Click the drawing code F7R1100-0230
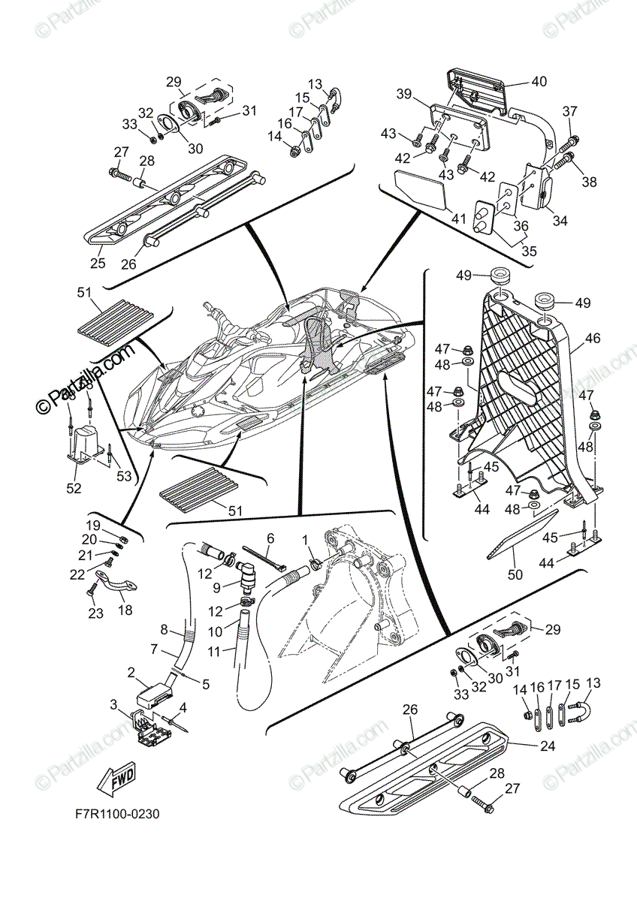(116, 814)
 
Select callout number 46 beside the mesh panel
(593, 339)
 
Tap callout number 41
(457, 218)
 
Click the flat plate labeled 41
(421, 188)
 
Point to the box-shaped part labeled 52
(84, 443)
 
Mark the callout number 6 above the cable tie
(270, 538)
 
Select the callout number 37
(569, 112)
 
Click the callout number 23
(95, 613)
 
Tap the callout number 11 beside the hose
(215, 652)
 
